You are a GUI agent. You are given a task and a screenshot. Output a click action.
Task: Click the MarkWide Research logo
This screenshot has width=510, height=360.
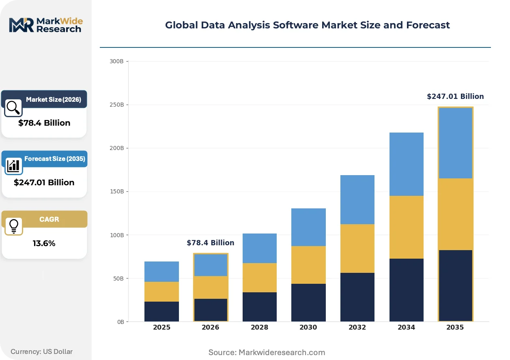(x=46, y=25)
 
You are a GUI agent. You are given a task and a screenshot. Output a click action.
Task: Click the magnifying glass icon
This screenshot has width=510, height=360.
(x=13, y=108)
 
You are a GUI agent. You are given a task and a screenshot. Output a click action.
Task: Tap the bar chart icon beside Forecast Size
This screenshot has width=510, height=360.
(x=13, y=166)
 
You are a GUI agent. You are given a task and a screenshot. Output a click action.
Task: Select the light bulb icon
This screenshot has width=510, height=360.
(x=14, y=226)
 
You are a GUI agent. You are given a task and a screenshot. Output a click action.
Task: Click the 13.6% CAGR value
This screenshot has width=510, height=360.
(x=44, y=243)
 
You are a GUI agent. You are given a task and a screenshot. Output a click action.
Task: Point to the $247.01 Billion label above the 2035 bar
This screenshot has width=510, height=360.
(x=455, y=96)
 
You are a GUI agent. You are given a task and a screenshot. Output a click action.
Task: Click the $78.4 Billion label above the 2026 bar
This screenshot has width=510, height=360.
(x=211, y=242)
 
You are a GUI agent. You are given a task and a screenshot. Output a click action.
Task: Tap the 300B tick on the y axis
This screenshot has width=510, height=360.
(x=116, y=61)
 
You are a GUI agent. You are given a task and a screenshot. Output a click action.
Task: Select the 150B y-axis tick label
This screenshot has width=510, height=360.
(x=117, y=191)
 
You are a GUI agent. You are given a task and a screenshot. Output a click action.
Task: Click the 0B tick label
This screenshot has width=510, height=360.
(x=121, y=322)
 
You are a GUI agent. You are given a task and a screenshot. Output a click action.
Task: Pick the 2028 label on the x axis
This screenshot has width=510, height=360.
(x=259, y=327)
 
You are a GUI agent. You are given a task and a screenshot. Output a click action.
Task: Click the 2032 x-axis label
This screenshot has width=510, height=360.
(x=357, y=327)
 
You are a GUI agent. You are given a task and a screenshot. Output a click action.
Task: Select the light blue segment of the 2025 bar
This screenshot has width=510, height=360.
(x=161, y=272)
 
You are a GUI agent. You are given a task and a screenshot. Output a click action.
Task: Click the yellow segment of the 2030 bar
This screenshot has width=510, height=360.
(x=308, y=265)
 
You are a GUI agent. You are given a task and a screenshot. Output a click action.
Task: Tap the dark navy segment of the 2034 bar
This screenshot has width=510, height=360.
(x=407, y=290)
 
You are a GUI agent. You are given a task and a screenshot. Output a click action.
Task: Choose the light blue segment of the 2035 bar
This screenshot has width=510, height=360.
(x=455, y=143)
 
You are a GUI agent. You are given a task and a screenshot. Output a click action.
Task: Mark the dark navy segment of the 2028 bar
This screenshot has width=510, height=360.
(x=260, y=307)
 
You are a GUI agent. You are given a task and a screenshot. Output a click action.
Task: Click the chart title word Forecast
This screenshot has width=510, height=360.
(x=428, y=25)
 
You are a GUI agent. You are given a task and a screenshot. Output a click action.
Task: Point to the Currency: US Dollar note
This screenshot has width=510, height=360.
(x=42, y=351)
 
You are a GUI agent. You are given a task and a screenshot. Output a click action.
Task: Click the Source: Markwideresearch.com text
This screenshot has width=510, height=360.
(x=267, y=352)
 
